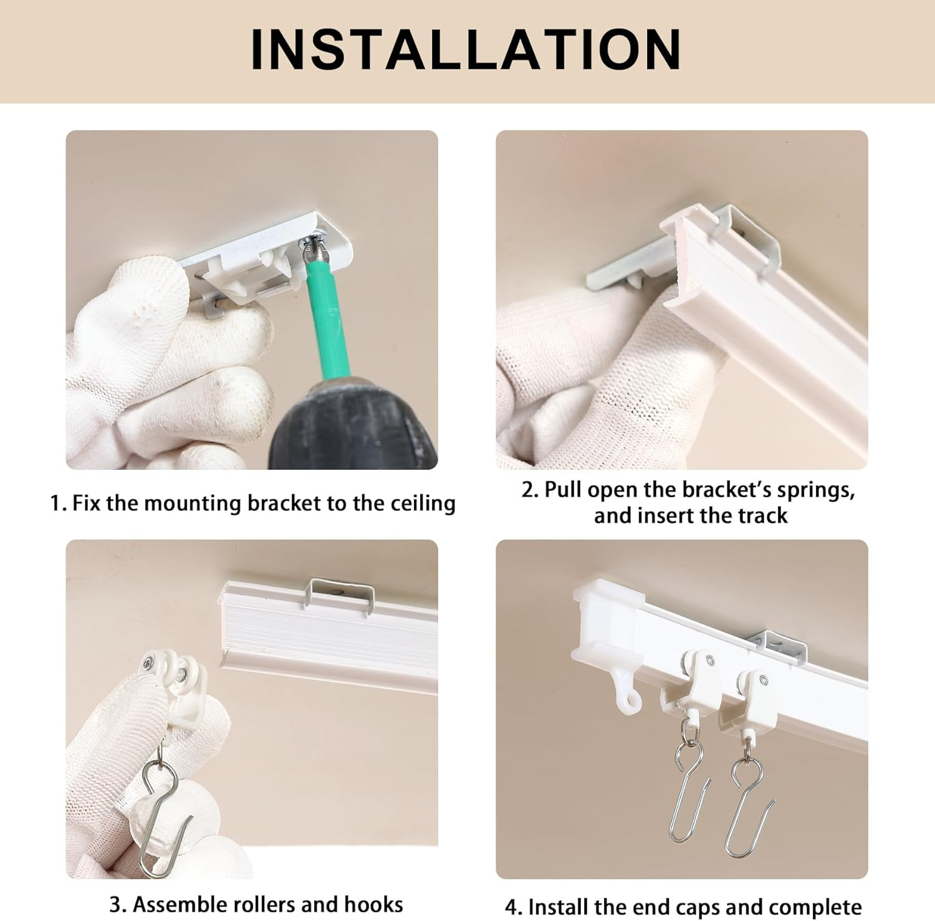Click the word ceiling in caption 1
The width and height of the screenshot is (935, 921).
coord(423,503)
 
